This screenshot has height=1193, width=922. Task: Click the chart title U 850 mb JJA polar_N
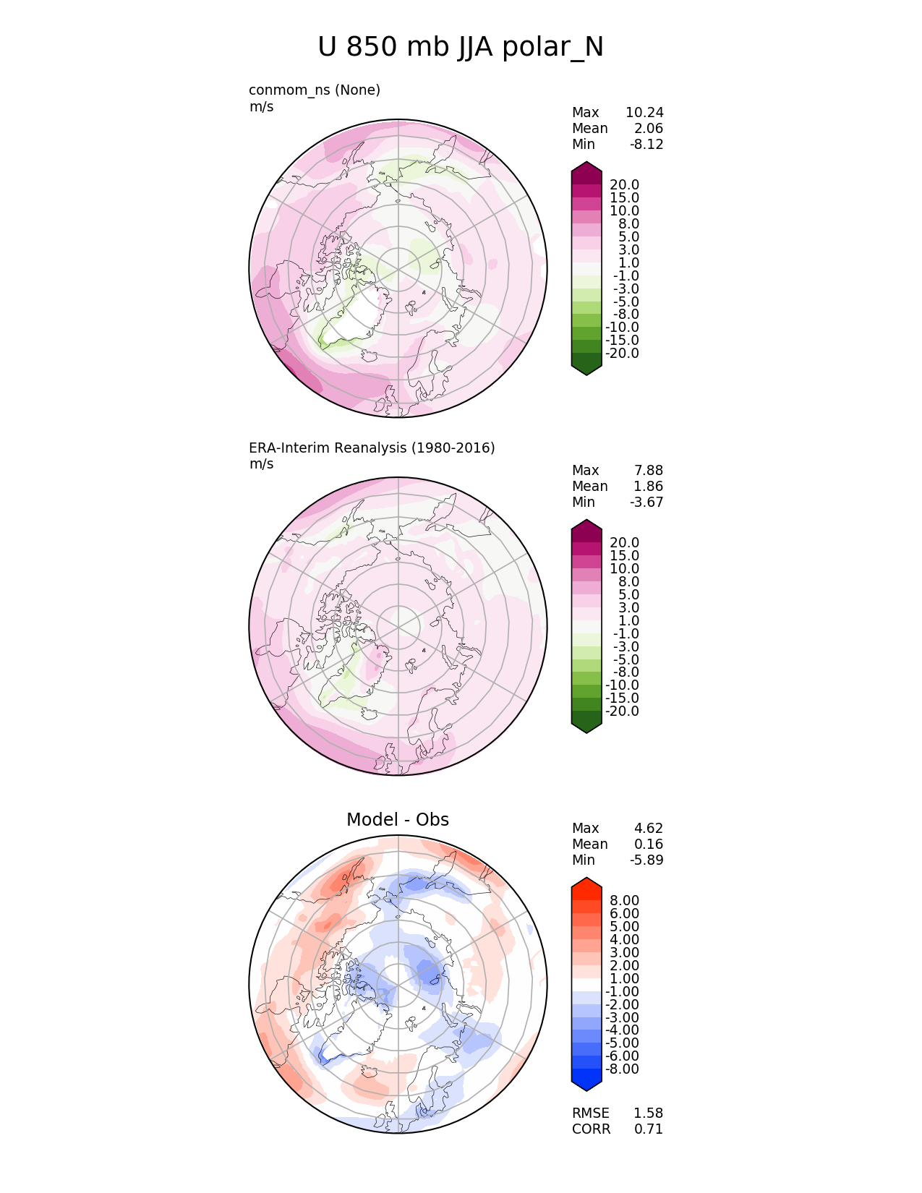pyautogui.click(x=461, y=48)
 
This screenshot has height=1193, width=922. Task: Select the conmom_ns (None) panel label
pyautogui.click(x=315, y=90)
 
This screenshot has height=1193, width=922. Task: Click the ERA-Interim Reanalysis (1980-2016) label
pyautogui.click(x=372, y=448)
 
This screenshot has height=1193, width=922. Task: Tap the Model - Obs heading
pyautogui.click(x=398, y=820)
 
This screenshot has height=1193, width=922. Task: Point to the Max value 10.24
pyautogui.click(x=644, y=113)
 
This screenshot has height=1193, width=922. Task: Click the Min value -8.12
pyautogui.click(x=646, y=145)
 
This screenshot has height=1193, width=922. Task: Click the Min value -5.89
pyautogui.click(x=646, y=860)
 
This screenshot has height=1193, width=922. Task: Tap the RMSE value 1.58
pyautogui.click(x=649, y=1113)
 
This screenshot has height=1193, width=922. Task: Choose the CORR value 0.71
pyautogui.click(x=649, y=1129)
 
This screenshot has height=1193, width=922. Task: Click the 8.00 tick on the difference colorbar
pyautogui.click(x=624, y=901)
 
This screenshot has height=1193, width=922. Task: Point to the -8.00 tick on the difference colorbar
pyautogui.click(x=622, y=1069)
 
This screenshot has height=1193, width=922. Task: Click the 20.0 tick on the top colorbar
pyautogui.click(x=624, y=185)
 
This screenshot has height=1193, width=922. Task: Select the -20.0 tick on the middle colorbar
pyautogui.click(x=622, y=711)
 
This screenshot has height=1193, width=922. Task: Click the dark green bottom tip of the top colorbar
pyautogui.click(x=586, y=367)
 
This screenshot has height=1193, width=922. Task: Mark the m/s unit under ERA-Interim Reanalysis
pyautogui.click(x=261, y=464)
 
